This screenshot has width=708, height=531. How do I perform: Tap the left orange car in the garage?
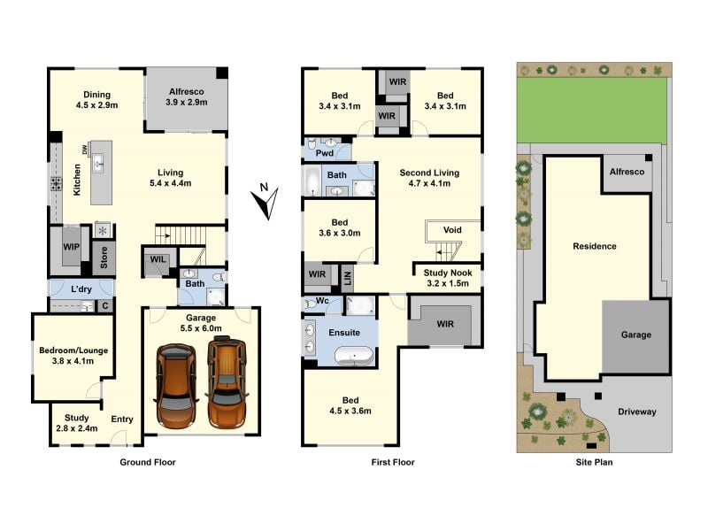click(x=176, y=387)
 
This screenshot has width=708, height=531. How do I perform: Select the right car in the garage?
click(x=227, y=382)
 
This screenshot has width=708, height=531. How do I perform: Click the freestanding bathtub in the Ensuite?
click(x=355, y=356)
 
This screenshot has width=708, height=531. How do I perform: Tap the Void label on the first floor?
click(x=452, y=230)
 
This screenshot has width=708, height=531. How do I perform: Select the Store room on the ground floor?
click(x=104, y=258)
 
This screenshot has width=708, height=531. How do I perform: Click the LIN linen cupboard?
click(x=347, y=279)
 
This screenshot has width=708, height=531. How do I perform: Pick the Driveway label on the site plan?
click(x=636, y=412)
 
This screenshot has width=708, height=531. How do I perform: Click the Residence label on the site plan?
click(x=594, y=246)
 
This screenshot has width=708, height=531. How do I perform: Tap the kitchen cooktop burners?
click(x=57, y=184)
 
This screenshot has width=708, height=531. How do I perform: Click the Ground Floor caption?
click(x=148, y=462)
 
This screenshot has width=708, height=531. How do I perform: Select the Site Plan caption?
click(x=594, y=462)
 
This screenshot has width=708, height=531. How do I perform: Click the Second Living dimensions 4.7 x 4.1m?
click(x=429, y=183)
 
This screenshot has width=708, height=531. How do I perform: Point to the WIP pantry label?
click(x=71, y=247)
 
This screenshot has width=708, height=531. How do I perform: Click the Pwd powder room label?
click(x=325, y=153)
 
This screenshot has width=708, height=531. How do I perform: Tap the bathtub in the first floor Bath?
click(x=312, y=181)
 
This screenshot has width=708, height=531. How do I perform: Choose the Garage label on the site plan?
click(x=635, y=335)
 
